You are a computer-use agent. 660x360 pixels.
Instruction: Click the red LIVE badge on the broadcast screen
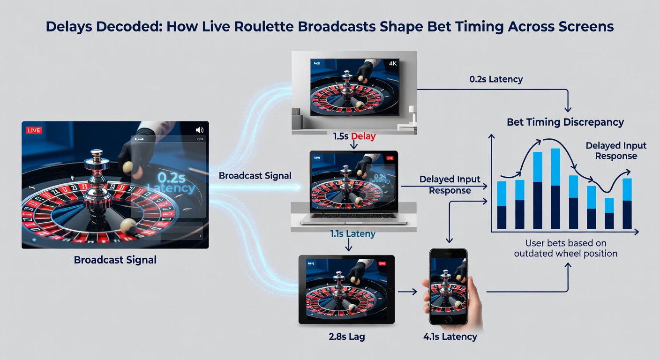tap(34, 130)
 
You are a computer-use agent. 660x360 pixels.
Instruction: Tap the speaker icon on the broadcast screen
tap(200, 130)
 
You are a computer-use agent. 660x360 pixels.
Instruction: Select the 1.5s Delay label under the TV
tap(354, 136)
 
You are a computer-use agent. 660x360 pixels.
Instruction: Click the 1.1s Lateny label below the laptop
tap(353, 233)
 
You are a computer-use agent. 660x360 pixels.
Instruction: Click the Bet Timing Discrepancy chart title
tap(565, 122)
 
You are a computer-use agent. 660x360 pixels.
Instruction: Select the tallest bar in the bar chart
tap(555, 189)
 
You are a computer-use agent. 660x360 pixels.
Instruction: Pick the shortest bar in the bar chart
tap(609, 213)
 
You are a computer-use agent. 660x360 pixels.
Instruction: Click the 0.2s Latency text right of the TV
tap(496, 79)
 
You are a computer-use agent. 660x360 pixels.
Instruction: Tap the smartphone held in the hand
tap(449, 287)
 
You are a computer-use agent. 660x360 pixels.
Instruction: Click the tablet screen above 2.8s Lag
tap(346, 290)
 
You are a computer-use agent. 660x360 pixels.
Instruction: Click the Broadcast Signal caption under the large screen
tap(115, 260)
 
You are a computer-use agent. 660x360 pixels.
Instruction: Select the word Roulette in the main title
tap(258, 26)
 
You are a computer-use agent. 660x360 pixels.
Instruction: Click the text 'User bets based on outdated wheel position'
tap(565, 248)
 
